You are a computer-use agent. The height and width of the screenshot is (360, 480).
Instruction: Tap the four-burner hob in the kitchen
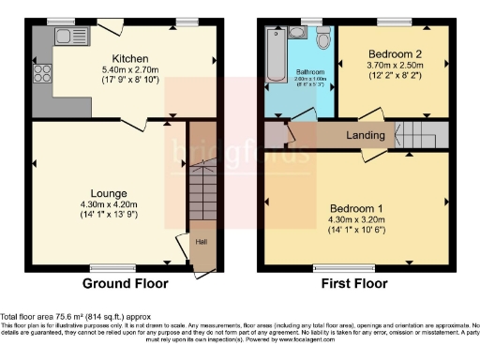[42, 72]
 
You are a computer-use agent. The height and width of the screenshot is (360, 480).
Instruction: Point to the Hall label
[201, 241]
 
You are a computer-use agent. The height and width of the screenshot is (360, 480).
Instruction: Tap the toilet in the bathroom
[323, 40]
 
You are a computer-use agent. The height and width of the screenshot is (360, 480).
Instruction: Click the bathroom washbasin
[297, 34]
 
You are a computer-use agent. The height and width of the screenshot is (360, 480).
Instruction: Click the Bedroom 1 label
[355, 207]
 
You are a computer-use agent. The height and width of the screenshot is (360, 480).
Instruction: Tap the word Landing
[365, 136]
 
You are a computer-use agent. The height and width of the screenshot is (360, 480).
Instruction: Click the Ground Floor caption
[126, 283]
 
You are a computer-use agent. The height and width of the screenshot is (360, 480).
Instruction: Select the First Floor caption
[357, 283]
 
